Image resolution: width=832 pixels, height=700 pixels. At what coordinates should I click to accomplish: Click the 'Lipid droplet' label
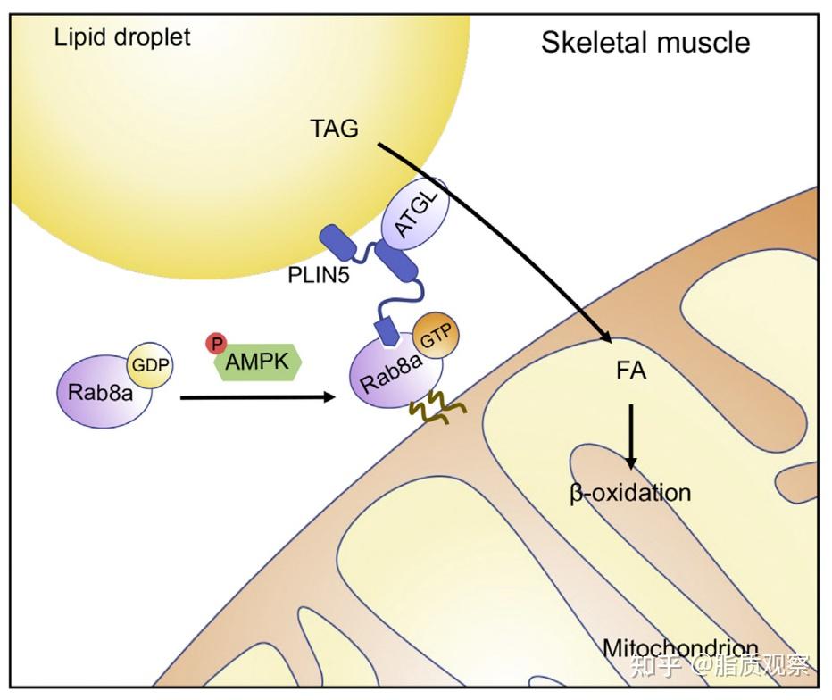point(122,37)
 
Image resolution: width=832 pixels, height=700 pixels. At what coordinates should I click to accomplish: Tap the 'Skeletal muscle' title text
point(645,42)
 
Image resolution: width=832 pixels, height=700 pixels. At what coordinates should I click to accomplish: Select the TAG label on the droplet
point(334,129)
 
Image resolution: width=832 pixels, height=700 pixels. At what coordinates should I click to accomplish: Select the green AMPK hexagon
point(260,362)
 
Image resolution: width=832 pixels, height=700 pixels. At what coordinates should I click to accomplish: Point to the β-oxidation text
point(629,492)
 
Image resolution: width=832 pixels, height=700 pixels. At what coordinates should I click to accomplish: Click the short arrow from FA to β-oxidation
point(630,436)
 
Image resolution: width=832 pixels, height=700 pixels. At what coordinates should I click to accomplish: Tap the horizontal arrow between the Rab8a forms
point(259,399)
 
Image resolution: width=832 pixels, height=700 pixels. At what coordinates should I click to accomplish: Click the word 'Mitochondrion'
point(680,646)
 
